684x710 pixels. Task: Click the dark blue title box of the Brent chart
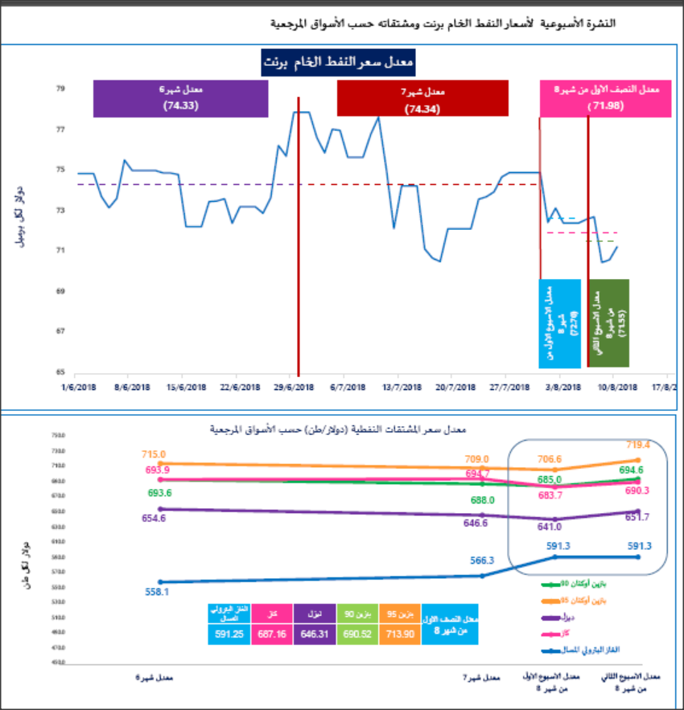[338, 63]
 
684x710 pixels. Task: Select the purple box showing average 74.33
[180, 99]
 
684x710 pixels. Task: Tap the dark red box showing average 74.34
[422, 99]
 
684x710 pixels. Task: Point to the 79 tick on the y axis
[60, 89]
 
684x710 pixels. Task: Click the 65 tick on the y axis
[60, 372]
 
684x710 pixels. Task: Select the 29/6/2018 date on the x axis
[297, 386]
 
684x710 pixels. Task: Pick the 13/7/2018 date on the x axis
[402, 386]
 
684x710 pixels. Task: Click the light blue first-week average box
[560, 312]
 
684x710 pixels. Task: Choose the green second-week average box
[609, 312]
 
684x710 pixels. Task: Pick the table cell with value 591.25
[229, 634]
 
